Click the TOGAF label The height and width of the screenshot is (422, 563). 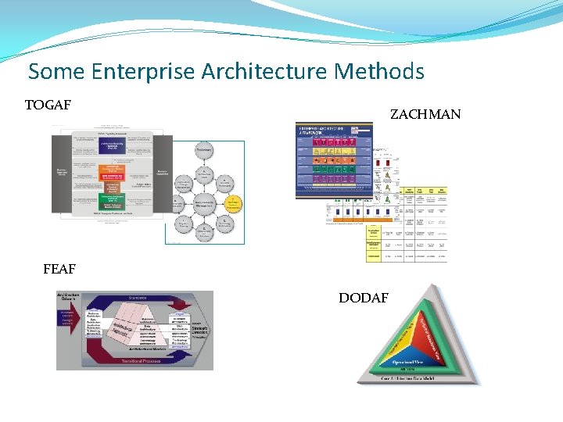click(48, 105)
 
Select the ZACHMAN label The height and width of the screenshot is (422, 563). click(425, 114)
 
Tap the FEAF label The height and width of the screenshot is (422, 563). click(59, 270)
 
